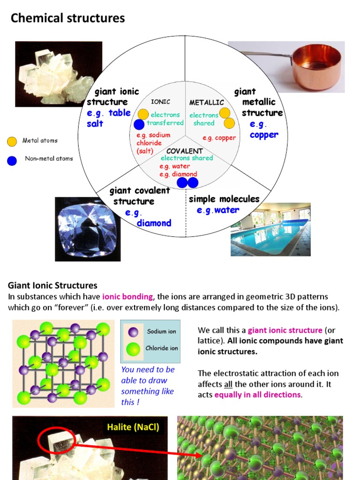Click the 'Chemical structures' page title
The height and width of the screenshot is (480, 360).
[67, 18]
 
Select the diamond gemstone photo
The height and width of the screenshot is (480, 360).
[88, 229]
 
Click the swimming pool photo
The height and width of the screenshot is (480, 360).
[270, 229]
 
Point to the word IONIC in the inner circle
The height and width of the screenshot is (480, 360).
[160, 102]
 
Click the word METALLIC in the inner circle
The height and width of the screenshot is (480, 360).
[206, 102]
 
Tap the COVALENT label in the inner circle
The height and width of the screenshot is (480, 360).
[185, 151]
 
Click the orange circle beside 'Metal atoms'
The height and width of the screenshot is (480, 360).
[12, 141]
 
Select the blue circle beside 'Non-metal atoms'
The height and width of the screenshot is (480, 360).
[12, 160]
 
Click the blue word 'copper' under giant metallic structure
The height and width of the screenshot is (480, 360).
[264, 135]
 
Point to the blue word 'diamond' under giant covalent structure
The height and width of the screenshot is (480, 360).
[154, 223]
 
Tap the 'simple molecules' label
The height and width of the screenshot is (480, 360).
[224, 199]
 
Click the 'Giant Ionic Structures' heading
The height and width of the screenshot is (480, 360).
[52, 285]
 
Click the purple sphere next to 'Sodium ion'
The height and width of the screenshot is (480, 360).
[134, 332]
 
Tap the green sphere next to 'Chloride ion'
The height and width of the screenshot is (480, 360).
[134, 349]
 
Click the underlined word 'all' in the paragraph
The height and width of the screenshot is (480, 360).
[228, 384]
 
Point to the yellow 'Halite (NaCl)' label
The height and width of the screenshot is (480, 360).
[133, 427]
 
